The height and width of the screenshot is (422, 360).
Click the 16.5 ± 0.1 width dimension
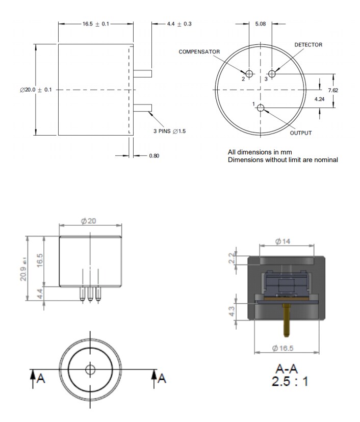pos(96,24)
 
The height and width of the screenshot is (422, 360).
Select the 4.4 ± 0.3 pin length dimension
pos(179,24)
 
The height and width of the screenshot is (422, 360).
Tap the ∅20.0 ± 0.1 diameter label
pos(36,90)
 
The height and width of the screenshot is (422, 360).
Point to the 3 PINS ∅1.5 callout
pos(170,131)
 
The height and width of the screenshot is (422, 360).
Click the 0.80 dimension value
pos(154,155)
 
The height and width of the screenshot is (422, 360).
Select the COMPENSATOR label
pos(199,52)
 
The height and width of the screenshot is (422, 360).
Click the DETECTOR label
pos(308,45)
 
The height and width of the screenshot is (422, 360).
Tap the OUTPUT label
pos(300,133)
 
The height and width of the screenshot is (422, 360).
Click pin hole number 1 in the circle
pos(261,108)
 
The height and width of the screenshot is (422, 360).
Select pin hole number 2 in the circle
pos(249,73)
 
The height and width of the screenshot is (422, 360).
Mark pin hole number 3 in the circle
pos(272,73)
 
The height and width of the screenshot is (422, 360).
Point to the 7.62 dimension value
pos(333,90)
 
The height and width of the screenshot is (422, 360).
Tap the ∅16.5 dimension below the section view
pos(284,349)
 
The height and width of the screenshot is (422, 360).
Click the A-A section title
pos(287,368)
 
